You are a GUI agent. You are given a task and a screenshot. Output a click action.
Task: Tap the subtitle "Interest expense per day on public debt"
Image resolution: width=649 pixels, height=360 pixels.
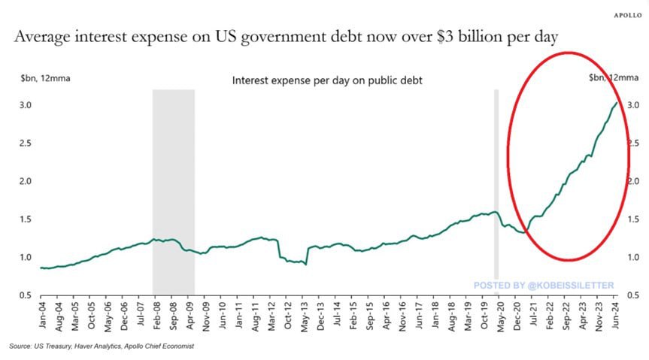click(326, 79)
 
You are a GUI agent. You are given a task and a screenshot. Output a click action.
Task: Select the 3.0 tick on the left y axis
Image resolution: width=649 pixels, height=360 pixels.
click(26, 104)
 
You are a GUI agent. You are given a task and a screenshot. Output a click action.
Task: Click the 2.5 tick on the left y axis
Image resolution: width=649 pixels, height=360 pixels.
click(26, 143)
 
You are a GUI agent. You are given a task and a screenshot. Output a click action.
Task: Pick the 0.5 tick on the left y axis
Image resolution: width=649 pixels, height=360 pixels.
click(26, 295)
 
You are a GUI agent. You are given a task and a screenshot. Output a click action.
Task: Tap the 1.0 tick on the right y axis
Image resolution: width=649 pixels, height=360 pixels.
click(633, 257)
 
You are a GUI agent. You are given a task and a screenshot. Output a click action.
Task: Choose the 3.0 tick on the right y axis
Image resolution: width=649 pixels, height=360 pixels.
click(633, 104)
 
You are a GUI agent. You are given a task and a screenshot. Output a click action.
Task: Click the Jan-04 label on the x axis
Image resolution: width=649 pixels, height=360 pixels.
click(44, 316)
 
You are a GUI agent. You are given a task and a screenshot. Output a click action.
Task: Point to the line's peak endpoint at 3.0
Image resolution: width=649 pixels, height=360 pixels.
click(617, 103)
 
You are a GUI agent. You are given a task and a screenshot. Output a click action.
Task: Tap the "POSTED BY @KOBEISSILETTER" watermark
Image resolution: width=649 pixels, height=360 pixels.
click(543, 285)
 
